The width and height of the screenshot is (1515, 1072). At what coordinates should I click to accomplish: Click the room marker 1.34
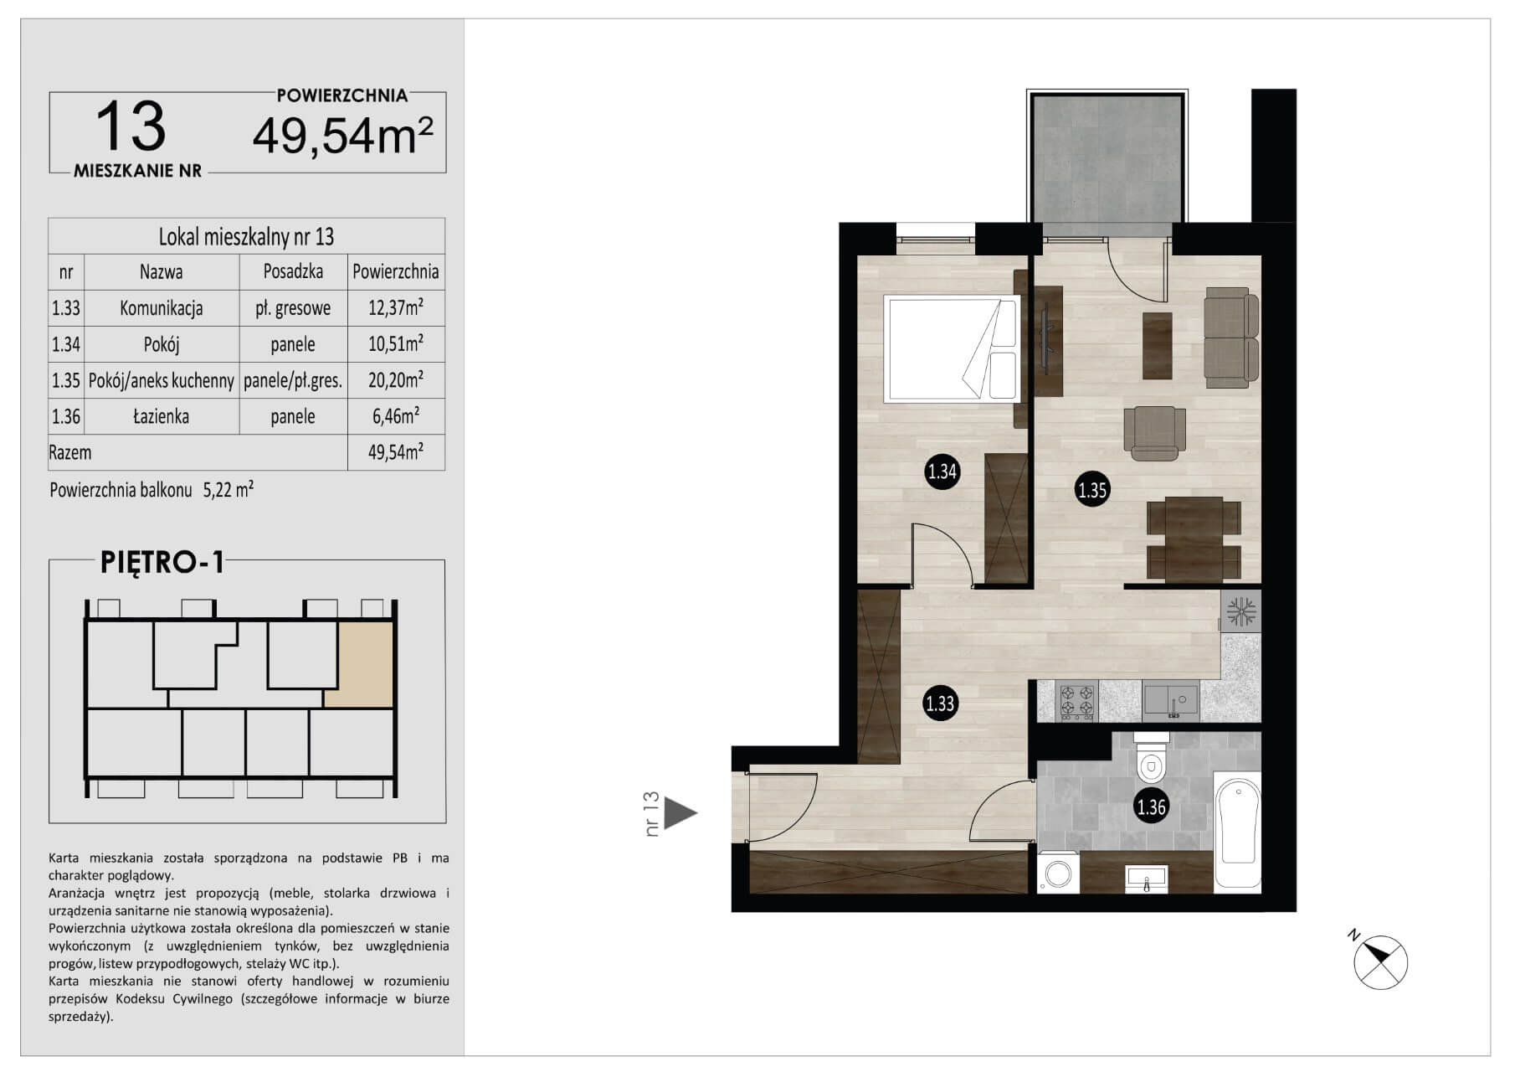pyautogui.click(x=942, y=472)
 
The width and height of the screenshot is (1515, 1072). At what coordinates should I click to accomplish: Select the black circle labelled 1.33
pyautogui.click(x=940, y=703)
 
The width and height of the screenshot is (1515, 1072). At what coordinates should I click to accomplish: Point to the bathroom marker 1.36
pyautogui.click(x=1152, y=807)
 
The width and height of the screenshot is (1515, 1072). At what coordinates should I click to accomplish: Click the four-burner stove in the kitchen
pyautogui.click(x=1077, y=702)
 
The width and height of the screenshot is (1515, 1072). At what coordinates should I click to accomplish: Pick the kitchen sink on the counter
pyautogui.click(x=1171, y=702)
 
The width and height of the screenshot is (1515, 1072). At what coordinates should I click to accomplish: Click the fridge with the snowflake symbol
pyautogui.click(x=1240, y=611)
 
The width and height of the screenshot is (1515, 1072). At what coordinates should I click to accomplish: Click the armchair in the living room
pyautogui.click(x=1155, y=432)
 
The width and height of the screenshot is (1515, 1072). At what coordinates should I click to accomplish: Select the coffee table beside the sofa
pyautogui.click(x=1158, y=345)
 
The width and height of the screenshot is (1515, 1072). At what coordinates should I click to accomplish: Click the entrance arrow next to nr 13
pyautogui.click(x=680, y=812)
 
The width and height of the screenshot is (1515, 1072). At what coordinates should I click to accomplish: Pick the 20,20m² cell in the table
pyautogui.click(x=396, y=381)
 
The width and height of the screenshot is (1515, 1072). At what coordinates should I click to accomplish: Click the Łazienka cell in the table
pyautogui.click(x=162, y=417)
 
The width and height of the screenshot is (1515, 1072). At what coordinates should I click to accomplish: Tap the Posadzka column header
pyautogui.click(x=293, y=272)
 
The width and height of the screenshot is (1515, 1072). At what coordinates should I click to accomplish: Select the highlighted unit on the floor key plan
pyautogui.click(x=359, y=664)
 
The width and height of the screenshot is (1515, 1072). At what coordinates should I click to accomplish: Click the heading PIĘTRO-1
pyautogui.click(x=163, y=563)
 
